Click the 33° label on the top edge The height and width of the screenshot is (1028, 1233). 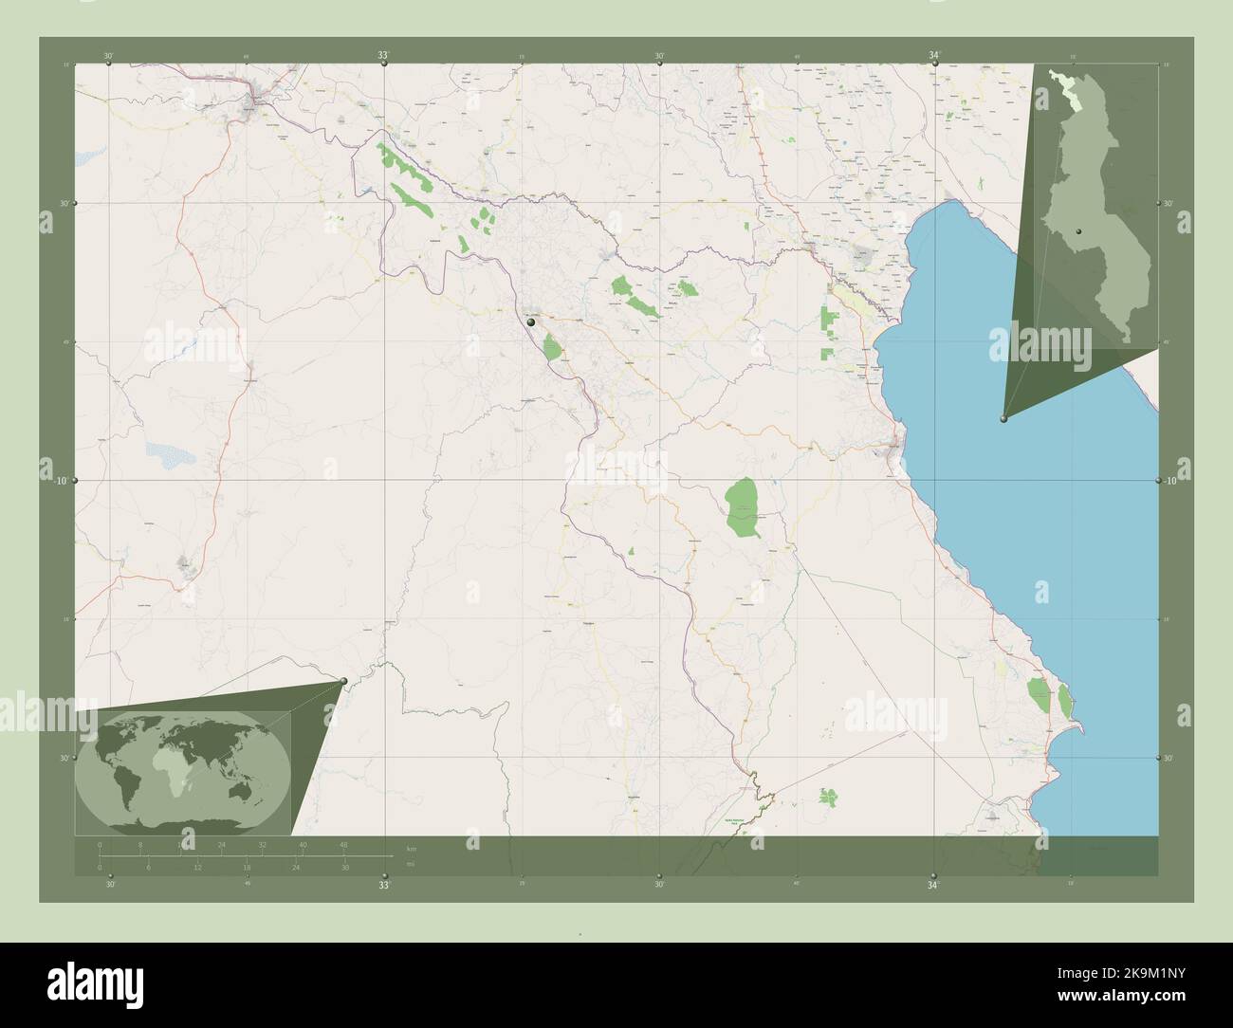point(383,57)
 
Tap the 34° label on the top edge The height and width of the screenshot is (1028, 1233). point(934,57)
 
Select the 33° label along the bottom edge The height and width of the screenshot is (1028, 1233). point(383,885)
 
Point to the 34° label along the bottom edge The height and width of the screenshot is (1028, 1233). point(934,885)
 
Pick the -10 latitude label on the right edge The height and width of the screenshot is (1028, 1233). point(1172,482)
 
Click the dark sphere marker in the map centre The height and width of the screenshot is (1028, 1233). point(531,322)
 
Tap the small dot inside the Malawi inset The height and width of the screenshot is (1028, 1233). point(1079,231)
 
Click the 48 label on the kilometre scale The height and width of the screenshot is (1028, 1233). point(343,844)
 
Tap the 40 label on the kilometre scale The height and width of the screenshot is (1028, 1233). point(303,844)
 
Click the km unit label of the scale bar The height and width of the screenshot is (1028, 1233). point(411,848)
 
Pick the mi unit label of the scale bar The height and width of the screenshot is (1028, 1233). point(411,863)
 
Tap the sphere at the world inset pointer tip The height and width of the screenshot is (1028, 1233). point(343,679)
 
